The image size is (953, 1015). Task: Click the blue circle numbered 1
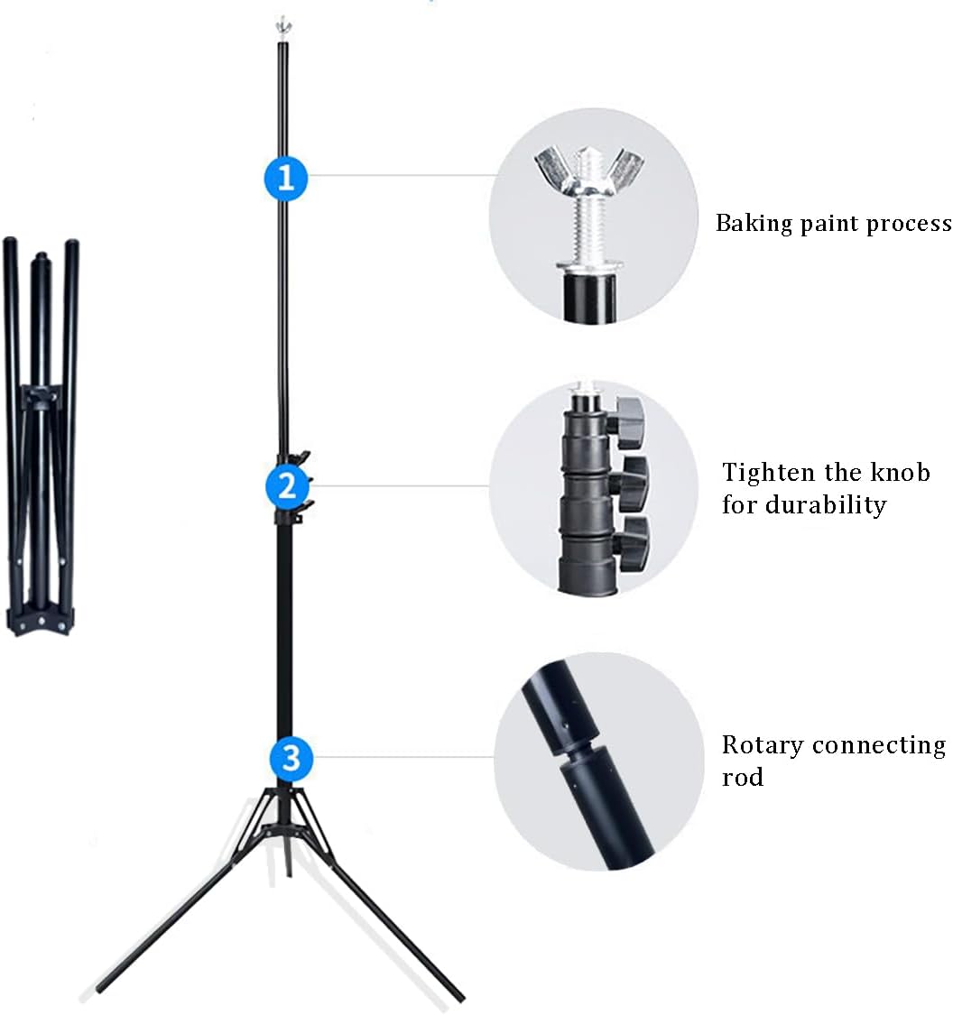pyautogui.click(x=286, y=178)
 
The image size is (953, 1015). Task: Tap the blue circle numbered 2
pyautogui.click(x=287, y=487)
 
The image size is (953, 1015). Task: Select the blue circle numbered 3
pyautogui.click(x=291, y=758)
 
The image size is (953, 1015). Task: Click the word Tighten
pyautogui.click(x=769, y=473)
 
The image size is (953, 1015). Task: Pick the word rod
pyautogui.click(x=742, y=778)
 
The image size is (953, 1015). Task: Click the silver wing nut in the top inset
pyautogui.click(x=591, y=174)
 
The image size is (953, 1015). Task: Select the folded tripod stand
pyautogui.click(x=42, y=433)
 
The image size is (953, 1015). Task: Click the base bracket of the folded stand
pyautogui.click(x=41, y=621)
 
